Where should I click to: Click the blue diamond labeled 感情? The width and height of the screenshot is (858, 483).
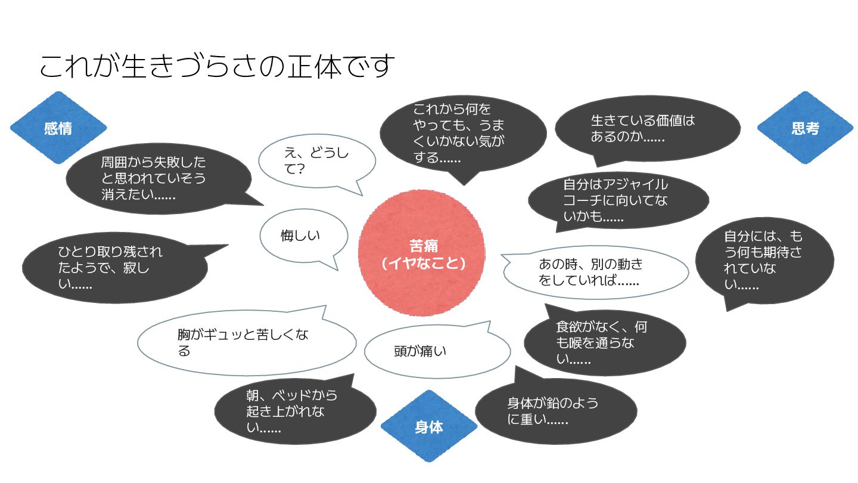tap(58, 128)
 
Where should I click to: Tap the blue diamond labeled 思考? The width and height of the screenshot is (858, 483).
tap(805, 128)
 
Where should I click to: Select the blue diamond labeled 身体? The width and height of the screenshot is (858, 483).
tap(428, 426)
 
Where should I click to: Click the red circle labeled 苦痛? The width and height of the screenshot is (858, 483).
tap(421, 253)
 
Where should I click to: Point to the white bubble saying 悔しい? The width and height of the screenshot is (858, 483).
tap(303, 236)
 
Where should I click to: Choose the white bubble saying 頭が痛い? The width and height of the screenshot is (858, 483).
tap(437, 351)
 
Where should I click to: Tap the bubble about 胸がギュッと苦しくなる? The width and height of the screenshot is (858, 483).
tap(247, 342)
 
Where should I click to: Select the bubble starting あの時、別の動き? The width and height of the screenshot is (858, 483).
tap(595, 272)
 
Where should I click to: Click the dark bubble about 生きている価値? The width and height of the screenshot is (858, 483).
tap(647, 129)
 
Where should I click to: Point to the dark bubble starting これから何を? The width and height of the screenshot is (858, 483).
tap(463, 134)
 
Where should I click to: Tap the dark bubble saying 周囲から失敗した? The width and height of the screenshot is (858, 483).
tap(158, 179)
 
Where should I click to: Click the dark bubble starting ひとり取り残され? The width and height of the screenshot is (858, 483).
tap(115, 268)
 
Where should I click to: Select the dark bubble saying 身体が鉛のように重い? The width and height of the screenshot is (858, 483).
tap(556, 410)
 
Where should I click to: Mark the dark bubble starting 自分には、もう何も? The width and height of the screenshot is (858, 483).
tap(764, 261)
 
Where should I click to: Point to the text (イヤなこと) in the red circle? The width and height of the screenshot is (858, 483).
tap(423, 264)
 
